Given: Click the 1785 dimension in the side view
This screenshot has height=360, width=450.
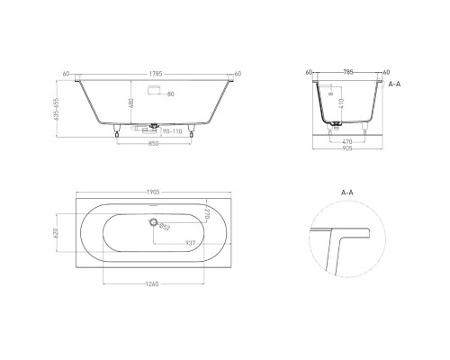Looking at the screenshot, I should coord(157,75).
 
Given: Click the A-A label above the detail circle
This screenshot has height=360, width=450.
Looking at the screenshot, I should coord(349,193).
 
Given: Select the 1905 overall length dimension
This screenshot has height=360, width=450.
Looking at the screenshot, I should coord(157,192).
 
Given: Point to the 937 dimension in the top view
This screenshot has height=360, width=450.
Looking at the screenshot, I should coord(190,243).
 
